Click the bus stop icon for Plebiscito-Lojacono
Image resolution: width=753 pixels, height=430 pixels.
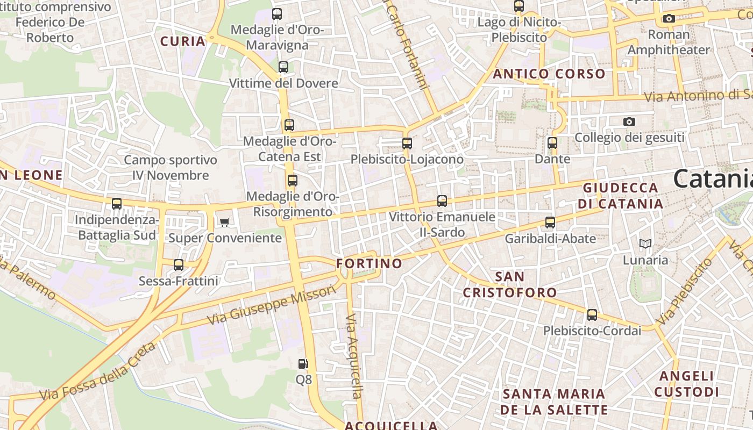[407, 144]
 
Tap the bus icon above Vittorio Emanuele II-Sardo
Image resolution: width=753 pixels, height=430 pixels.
[442, 201]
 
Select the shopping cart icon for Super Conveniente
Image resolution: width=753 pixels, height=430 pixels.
[225, 222]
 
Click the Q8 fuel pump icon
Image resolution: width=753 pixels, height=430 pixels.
[303, 364]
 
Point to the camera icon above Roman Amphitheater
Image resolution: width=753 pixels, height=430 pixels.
[669, 19]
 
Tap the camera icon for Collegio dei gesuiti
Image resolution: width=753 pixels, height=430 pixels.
[629, 122]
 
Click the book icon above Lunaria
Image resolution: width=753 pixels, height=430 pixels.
[645, 244]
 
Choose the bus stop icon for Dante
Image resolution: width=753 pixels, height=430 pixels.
[552, 143]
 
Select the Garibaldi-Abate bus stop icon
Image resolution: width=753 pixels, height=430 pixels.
[550, 223]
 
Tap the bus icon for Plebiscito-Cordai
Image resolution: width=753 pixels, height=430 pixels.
[592, 315]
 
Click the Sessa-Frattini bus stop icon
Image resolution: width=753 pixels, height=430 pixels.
[179, 265]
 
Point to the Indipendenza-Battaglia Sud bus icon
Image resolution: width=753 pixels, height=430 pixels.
[117, 204]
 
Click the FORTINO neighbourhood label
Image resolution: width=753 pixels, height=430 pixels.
[369, 263]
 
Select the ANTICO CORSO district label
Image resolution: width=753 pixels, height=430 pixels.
[549, 74]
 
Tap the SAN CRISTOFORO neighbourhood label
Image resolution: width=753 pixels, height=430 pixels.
[509, 285]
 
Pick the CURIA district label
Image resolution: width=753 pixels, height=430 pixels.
[183, 41]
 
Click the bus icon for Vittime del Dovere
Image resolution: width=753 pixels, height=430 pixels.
[283, 67]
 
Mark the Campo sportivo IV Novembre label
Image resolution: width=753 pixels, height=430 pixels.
[171, 168]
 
